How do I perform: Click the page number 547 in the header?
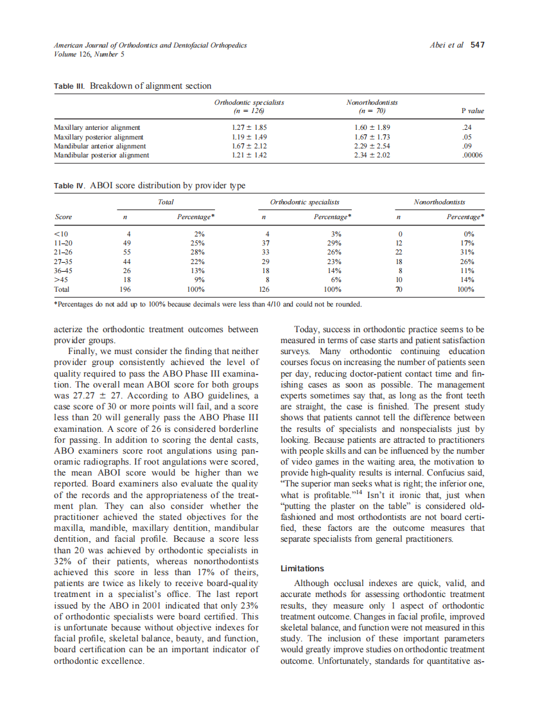[x=477, y=45]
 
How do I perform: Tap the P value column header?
[x=473, y=111]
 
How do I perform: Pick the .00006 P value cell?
[x=472, y=155]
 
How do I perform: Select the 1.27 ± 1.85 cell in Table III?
[x=248, y=128]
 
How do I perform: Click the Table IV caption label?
[x=70, y=186]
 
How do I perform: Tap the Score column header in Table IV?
[x=63, y=217]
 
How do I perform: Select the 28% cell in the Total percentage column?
[x=199, y=253]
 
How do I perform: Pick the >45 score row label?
[x=62, y=280]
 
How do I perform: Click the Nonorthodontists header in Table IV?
[x=439, y=202]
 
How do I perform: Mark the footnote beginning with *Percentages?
[x=207, y=304]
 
